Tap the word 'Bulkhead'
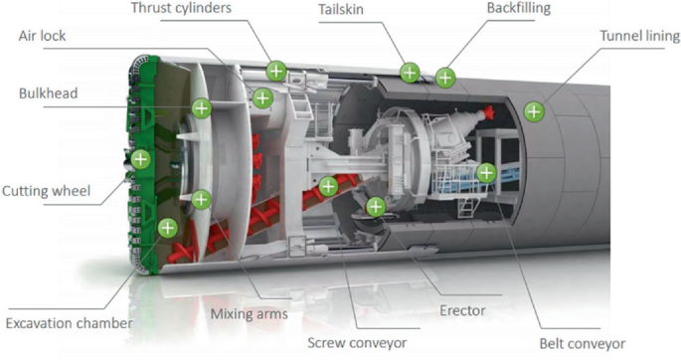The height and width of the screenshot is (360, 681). coord(48,94)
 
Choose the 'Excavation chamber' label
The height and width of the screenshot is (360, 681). coord(69,322)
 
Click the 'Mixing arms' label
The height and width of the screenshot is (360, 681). coord(249,314)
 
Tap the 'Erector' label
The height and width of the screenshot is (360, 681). coord(462,310)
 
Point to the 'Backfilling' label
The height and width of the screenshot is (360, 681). coord(518,8)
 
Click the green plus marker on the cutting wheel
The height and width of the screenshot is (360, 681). coord(140,158)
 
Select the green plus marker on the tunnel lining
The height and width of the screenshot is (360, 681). coord(534,109)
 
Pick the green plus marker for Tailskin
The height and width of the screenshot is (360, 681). coord(409,72)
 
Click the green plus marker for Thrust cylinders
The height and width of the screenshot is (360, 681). coord(276,71)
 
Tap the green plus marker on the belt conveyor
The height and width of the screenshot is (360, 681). coord(485,172)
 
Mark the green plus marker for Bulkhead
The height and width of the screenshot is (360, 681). coord(202,106)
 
